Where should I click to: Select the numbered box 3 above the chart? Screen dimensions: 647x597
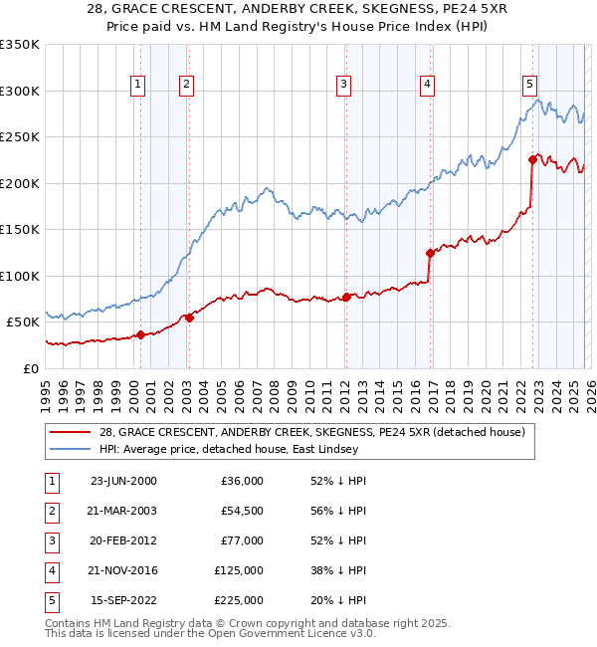point(342,85)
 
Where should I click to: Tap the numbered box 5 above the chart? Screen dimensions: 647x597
point(529,85)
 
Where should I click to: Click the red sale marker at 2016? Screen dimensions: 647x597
point(430,253)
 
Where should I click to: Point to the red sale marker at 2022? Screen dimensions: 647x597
point(533,159)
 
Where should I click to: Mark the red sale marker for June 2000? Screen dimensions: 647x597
point(141,334)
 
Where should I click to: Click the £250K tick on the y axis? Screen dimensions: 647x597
point(20,137)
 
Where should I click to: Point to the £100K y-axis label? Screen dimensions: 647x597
point(20,276)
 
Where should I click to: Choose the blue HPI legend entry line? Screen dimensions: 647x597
point(70,449)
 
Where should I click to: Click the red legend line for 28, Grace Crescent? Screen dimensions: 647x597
point(70,432)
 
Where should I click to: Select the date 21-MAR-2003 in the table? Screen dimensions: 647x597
point(123,511)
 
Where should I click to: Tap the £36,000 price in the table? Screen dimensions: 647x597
point(242,481)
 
